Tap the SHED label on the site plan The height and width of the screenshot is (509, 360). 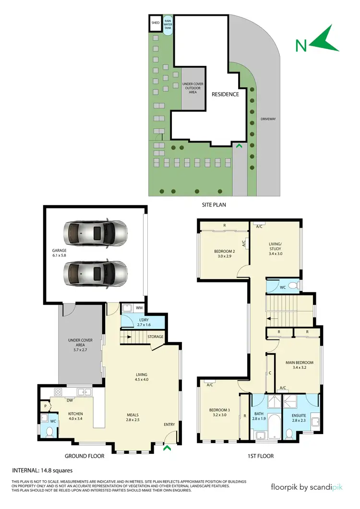pyautogui.click(x=155, y=23)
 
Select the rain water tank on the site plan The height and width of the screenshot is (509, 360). pyautogui.click(x=168, y=24)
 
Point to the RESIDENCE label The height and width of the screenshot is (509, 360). pyautogui.click(x=225, y=94)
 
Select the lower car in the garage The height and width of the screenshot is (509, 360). pyautogui.click(x=96, y=274)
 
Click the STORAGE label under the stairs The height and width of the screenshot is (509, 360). pyautogui.click(x=156, y=337)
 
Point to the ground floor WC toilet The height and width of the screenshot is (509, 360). pyautogui.click(x=48, y=432)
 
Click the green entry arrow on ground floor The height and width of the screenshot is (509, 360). pyautogui.click(x=167, y=448)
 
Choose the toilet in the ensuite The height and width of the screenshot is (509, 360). pyautogui.click(x=289, y=434)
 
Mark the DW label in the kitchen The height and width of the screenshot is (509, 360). pyautogui.click(x=70, y=400)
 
